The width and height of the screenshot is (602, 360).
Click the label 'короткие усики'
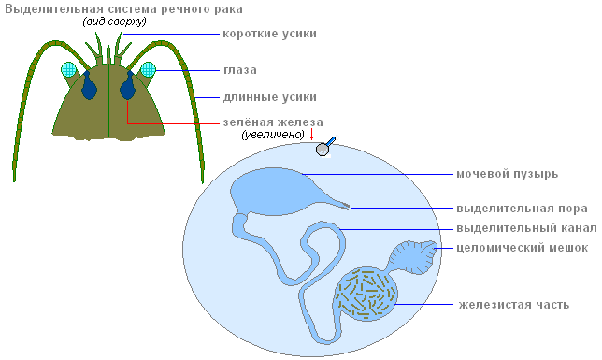coord(269,34)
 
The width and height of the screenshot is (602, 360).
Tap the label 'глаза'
coord(240,70)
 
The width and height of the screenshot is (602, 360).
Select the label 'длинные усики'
coord(270,97)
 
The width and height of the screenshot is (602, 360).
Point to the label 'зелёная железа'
coord(273,122)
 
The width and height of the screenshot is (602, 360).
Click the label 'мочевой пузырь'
coord(508,174)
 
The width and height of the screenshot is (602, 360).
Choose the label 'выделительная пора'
coord(522,209)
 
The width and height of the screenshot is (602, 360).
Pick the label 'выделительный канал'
coord(526,228)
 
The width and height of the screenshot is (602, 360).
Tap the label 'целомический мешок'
coord(523,248)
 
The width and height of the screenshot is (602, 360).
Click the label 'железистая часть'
coord(514,305)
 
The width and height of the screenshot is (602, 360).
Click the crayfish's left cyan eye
coord(69,69)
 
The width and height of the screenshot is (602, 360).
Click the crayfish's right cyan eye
coord(149,69)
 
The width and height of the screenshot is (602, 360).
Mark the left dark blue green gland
coord(89,86)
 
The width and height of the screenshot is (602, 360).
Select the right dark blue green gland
coord(128,86)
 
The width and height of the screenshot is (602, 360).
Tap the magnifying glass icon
coord(324,147)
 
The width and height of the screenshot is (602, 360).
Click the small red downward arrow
coord(312,134)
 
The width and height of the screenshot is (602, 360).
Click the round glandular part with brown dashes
coord(365,294)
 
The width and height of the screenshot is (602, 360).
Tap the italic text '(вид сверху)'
coord(114,22)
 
